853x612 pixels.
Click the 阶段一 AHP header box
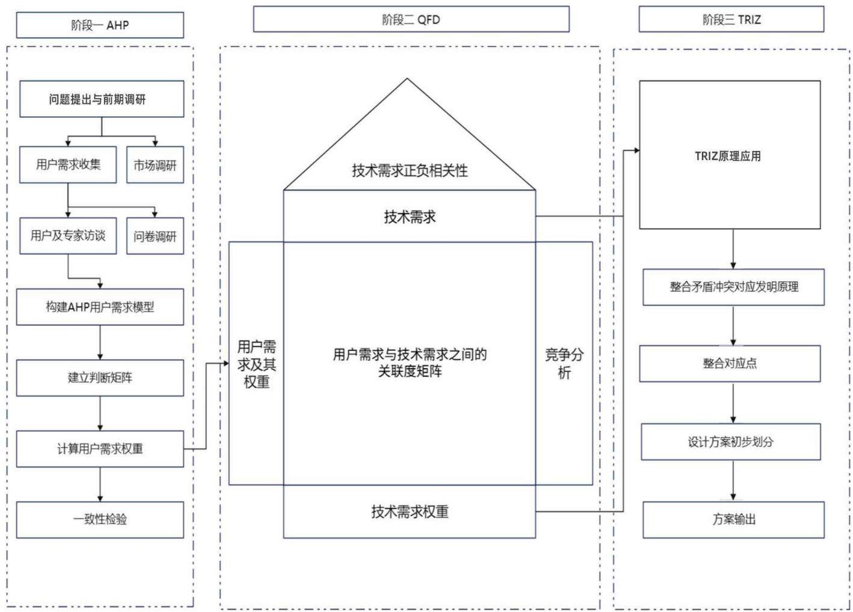(x=100, y=25)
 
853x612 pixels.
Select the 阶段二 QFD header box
(x=411, y=19)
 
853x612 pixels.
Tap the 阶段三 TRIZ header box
(x=731, y=19)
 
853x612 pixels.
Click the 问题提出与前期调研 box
(x=102, y=99)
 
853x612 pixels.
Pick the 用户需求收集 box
(x=68, y=164)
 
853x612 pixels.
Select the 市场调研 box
(x=155, y=165)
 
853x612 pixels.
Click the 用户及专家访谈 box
(x=68, y=236)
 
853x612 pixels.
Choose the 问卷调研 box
(x=155, y=236)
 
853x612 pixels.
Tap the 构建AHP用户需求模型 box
(x=100, y=307)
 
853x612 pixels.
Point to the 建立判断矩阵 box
(x=100, y=378)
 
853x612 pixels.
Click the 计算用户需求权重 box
(x=100, y=449)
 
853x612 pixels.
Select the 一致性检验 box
(x=100, y=520)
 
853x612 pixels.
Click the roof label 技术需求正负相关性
(x=410, y=170)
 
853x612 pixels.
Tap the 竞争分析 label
(x=564, y=363)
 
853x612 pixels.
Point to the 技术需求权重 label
(x=410, y=512)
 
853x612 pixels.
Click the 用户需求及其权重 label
(x=257, y=364)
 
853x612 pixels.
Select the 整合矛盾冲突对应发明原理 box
(x=733, y=287)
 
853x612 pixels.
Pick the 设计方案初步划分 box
(x=731, y=442)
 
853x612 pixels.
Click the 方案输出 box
(x=733, y=520)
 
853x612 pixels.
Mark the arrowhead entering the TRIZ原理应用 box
(x=636, y=150)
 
